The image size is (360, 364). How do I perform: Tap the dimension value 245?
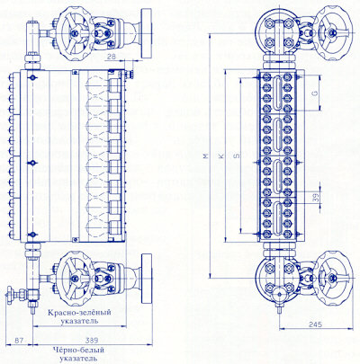tap(315, 324)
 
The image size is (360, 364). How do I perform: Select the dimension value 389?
tap(92, 341)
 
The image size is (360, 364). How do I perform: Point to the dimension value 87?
tap(19, 341)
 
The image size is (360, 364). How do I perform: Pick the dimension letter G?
tap(315, 93)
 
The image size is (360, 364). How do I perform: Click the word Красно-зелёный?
tap(79, 313)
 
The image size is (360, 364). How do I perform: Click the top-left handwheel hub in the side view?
tap(75, 32)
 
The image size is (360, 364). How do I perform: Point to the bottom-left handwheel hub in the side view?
tap(75, 278)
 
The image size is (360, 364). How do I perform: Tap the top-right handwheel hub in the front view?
tap(332, 31)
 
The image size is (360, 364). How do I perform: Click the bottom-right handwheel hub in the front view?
tap(332, 278)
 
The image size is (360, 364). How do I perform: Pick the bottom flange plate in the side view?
tap(147, 278)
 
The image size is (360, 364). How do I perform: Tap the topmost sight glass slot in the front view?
tap(276, 93)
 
